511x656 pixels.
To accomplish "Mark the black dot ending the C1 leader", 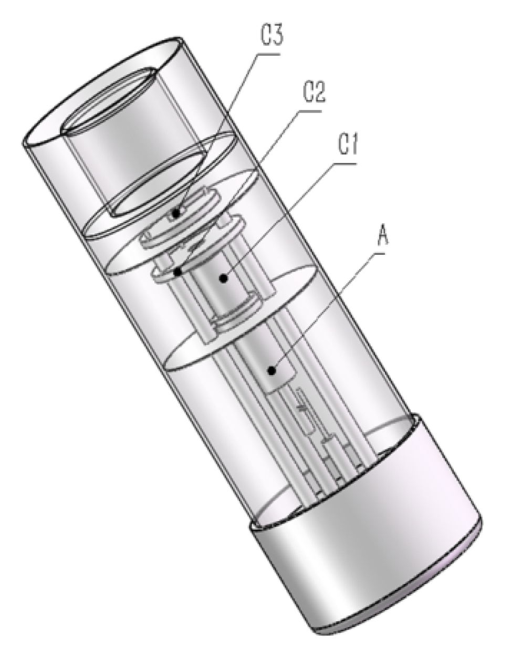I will (224, 278).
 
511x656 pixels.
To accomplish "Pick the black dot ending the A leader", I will (272, 370).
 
